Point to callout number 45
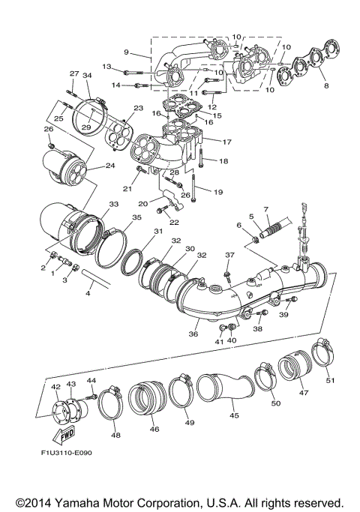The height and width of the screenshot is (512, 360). pos(234,415)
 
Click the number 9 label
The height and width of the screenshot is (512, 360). pos(127,52)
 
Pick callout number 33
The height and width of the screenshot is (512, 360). pos(113,204)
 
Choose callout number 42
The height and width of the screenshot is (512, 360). pos(55,386)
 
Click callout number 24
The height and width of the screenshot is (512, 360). pos(110,165)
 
